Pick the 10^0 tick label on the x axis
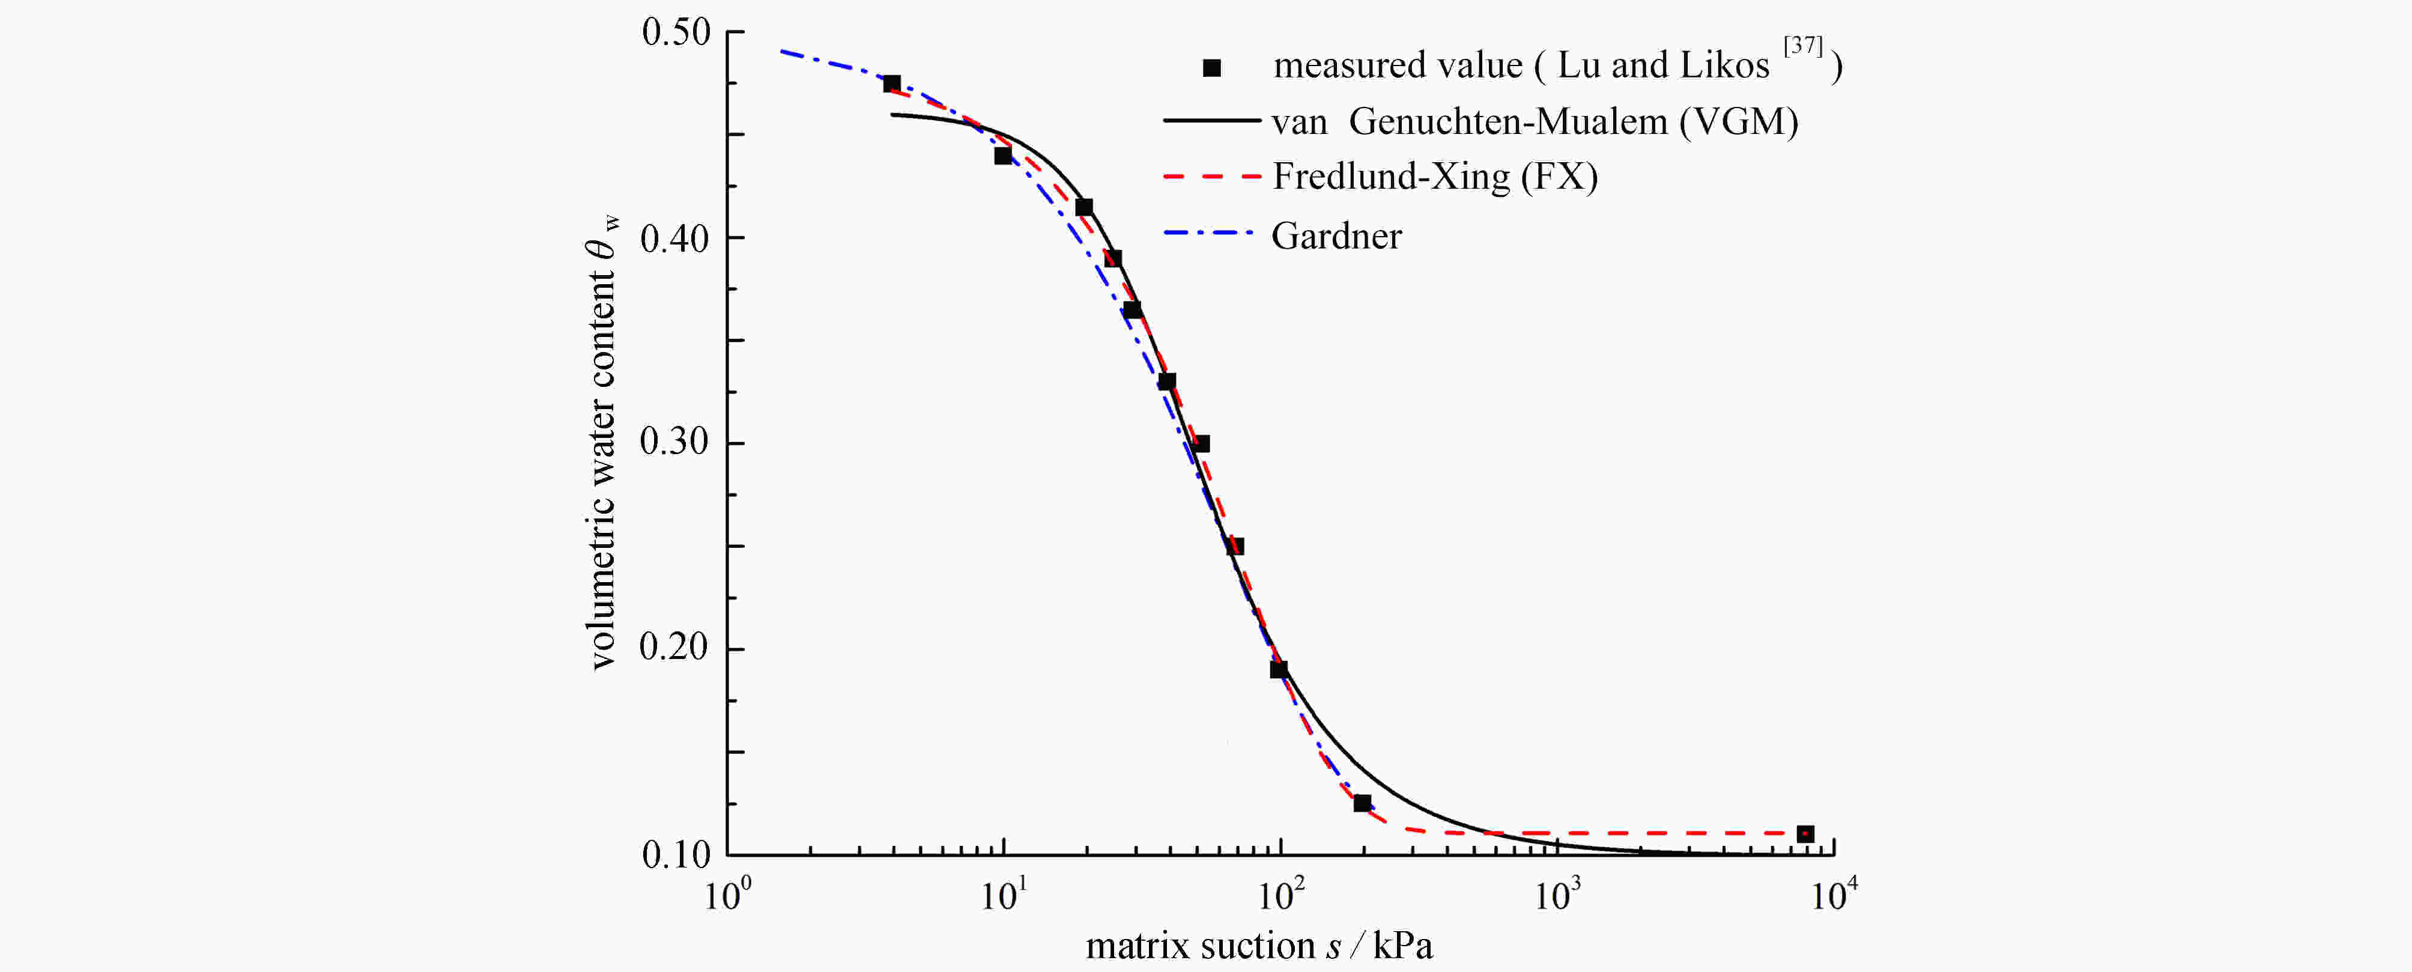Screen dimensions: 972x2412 pyautogui.click(x=727, y=895)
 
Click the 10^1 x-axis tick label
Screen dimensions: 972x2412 pyautogui.click(x=1004, y=895)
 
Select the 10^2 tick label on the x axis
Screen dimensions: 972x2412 pyautogui.click(x=1280, y=895)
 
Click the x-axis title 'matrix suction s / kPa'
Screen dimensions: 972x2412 pyautogui.click(x=1258, y=946)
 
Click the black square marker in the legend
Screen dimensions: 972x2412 pyautogui.click(x=1211, y=67)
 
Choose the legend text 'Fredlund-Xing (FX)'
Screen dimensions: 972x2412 pyautogui.click(x=1434, y=177)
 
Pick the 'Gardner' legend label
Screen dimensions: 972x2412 pyautogui.click(x=1336, y=236)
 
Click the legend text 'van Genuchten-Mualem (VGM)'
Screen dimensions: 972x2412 pyautogui.click(x=1535, y=122)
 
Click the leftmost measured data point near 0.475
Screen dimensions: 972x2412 pyautogui.click(x=891, y=84)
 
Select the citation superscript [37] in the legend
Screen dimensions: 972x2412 pyautogui.click(x=1802, y=46)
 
